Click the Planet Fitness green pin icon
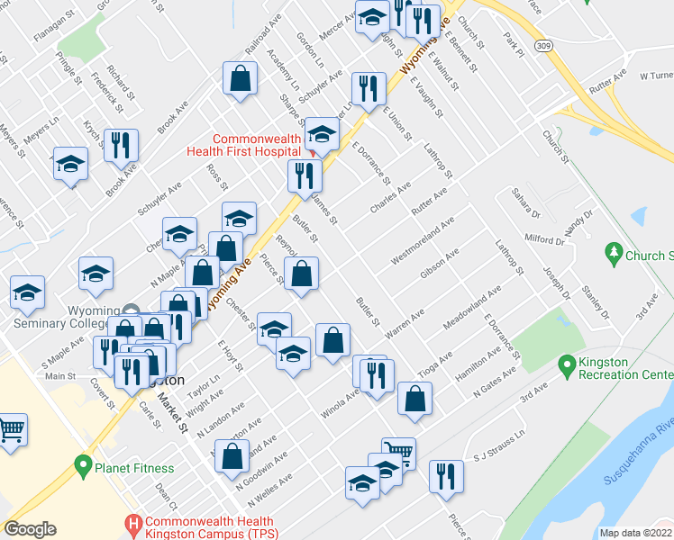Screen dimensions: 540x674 click(x=84, y=466)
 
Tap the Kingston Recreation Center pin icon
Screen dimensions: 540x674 click(x=567, y=366)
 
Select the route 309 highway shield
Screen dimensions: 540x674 click(x=542, y=43)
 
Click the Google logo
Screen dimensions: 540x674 click(x=30, y=529)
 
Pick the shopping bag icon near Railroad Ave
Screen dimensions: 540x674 click(x=241, y=78)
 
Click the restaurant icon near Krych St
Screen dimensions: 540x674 click(x=120, y=144)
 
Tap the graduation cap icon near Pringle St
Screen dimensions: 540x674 click(x=70, y=164)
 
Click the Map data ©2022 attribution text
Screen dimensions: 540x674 click(x=634, y=533)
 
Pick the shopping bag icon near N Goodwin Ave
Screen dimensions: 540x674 click(x=232, y=455)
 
